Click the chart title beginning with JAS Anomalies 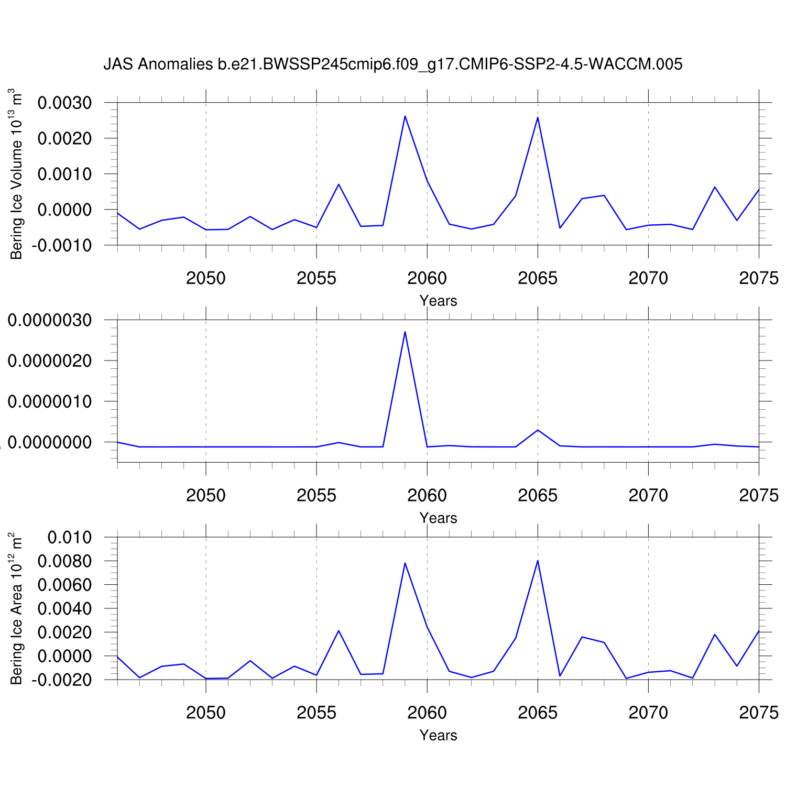point(392,64)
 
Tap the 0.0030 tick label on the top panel point(64,103)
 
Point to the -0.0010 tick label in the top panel point(61,245)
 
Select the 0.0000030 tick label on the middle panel point(50,320)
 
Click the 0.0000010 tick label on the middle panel point(50,401)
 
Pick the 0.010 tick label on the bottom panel point(69,537)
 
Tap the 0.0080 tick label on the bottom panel point(64,561)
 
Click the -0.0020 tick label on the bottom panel point(61,680)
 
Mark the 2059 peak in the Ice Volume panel point(405,116)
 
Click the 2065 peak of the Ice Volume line point(538,117)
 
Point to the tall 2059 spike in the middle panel point(405,332)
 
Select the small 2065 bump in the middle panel point(538,430)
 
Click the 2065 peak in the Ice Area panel point(538,561)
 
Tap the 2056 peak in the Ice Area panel point(339,630)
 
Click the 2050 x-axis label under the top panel point(206,278)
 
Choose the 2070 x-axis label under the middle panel point(648,495)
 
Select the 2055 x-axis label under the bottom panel point(316,713)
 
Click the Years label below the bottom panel point(438,735)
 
